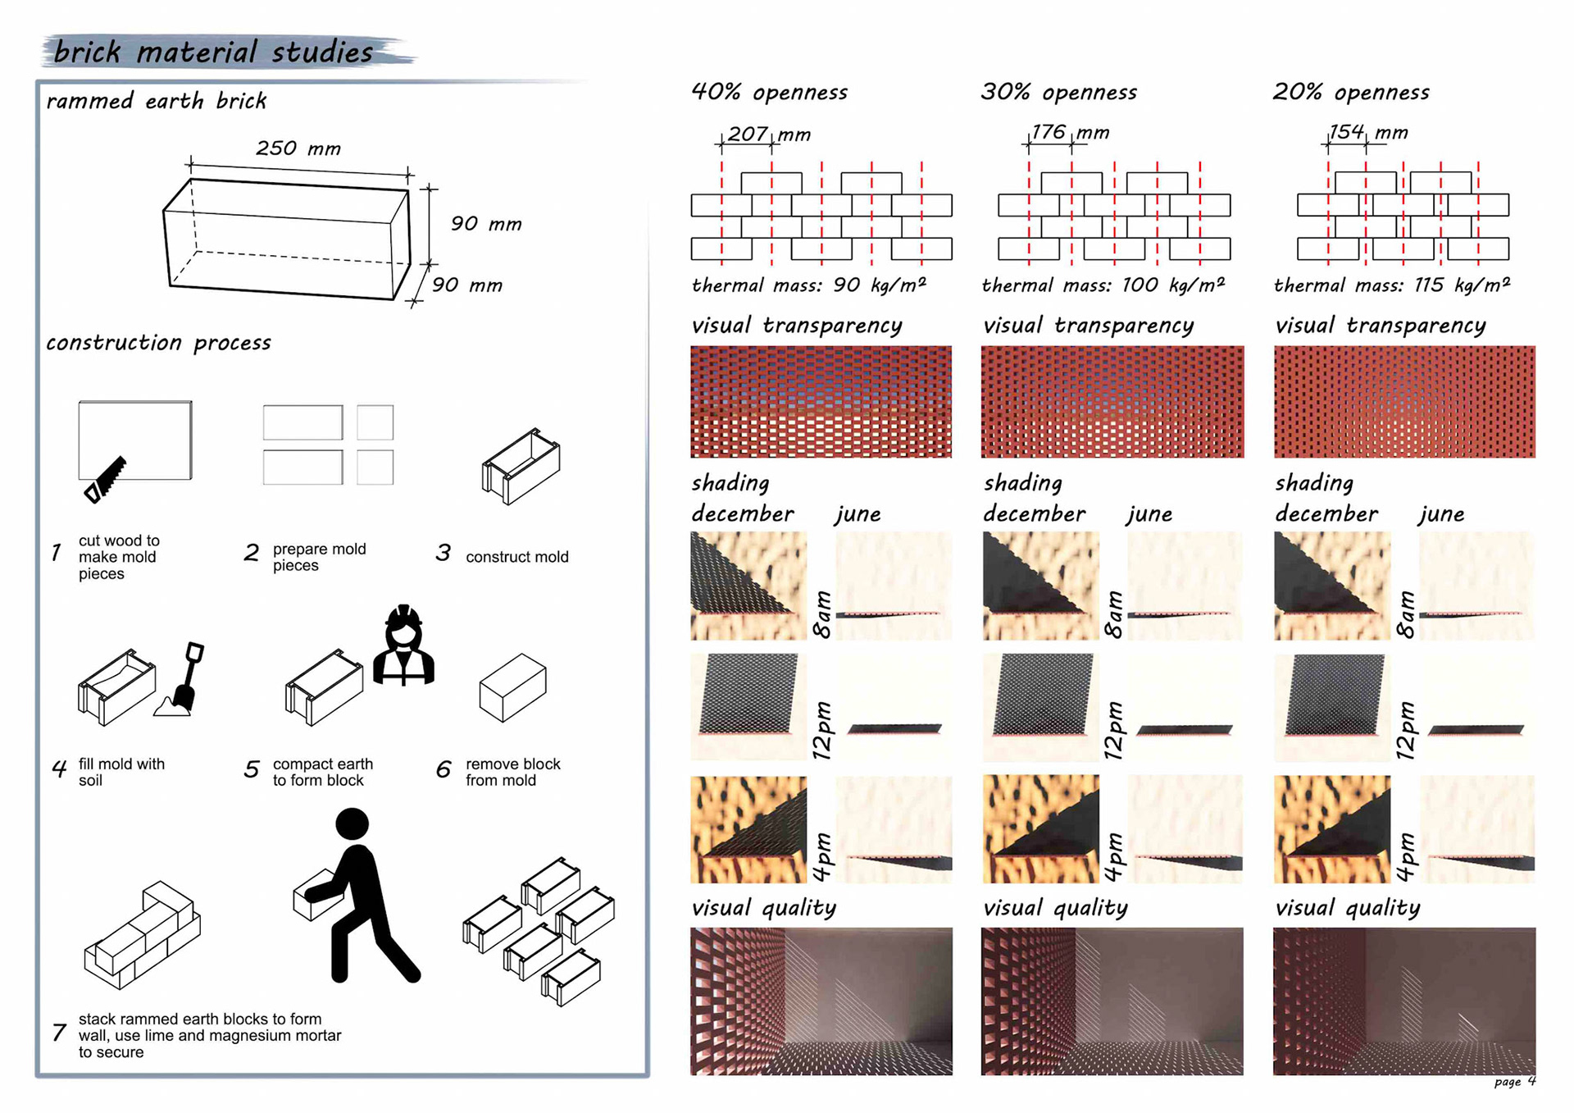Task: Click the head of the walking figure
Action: click(x=352, y=823)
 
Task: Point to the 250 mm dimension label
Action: click(x=298, y=148)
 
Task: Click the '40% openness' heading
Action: click(x=769, y=92)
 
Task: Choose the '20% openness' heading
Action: click(x=1350, y=92)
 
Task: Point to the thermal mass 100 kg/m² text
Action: click(x=1103, y=285)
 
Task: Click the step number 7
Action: click(x=59, y=1033)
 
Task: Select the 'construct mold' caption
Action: click(x=516, y=557)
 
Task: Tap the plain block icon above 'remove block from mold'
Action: click(x=512, y=687)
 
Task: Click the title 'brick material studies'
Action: click(x=214, y=52)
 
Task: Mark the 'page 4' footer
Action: click(x=1514, y=1082)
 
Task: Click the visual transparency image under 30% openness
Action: click(x=1112, y=402)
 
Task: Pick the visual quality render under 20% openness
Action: click(x=1403, y=1001)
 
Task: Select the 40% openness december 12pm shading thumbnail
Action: click(x=748, y=705)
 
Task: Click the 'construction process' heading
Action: click(x=158, y=343)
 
